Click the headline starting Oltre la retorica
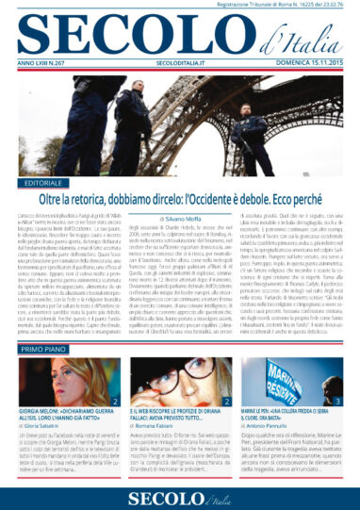tap(193, 200)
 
